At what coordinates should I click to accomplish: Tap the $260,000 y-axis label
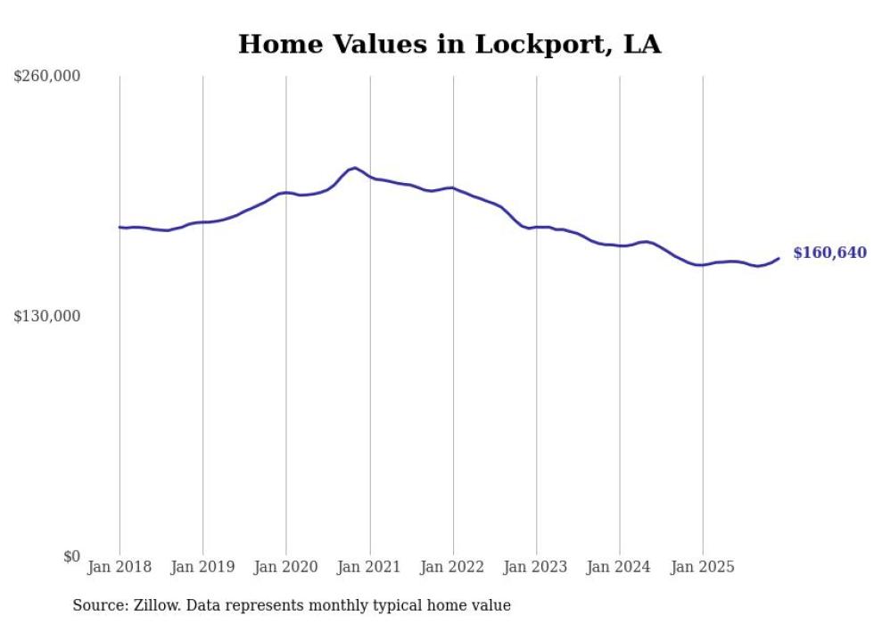[47, 77]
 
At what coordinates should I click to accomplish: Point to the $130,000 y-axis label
[47, 317]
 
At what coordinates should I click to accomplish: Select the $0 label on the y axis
[71, 557]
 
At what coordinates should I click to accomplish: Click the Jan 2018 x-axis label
[120, 567]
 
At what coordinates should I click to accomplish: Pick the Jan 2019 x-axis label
[202, 567]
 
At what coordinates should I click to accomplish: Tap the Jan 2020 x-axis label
[286, 567]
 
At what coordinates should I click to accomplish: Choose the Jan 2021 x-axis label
[369, 567]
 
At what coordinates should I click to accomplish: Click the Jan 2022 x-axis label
[453, 567]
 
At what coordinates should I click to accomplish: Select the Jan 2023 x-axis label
[536, 567]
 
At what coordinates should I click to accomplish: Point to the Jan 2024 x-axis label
[619, 567]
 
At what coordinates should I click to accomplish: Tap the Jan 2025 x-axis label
[703, 567]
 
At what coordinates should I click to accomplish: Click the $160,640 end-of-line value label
[829, 254]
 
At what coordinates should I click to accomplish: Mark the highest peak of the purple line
[355, 168]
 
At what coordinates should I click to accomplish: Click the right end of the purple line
[779, 258]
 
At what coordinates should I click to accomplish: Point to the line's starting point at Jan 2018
[120, 227]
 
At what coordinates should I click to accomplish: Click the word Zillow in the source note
[155, 606]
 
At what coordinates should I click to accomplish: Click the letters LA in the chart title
[642, 45]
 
